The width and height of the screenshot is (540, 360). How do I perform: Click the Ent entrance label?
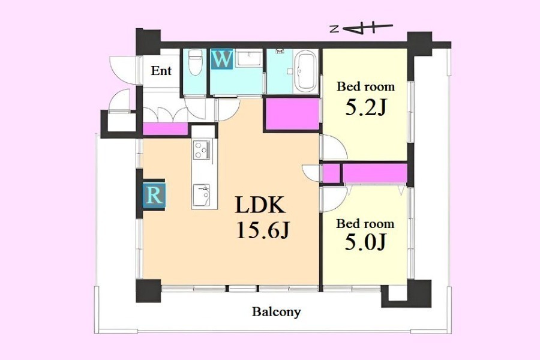[161, 71]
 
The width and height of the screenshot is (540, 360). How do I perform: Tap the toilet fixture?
[195, 62]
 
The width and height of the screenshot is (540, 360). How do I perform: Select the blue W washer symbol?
[222, 59]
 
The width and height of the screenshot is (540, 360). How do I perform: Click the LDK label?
[260, 205]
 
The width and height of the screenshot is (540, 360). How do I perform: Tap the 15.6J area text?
[263, 230]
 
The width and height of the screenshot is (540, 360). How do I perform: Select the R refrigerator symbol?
[154, 195]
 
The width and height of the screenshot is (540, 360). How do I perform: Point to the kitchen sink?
[201, 195]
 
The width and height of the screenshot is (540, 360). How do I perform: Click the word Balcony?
[277, 312]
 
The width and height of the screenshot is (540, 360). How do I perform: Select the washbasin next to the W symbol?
[249, 58]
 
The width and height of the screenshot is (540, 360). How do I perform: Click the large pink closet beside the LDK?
[292, 114]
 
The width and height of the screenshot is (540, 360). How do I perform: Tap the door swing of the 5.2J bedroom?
[334, 148]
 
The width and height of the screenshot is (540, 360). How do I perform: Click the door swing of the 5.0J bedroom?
[333, 199]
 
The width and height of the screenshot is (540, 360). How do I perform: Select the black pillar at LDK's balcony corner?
[148, 290]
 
